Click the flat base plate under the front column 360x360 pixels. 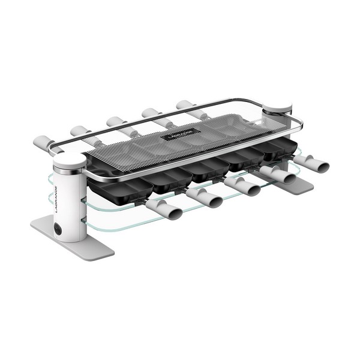pyautogui.click(x=72, y=237)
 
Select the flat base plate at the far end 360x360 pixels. pyautogui.click(x=295, y=184)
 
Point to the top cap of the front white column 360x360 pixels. pyautogui.click(x=70, y=160)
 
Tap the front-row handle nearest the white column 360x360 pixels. pyautogui.click(x=163, y=209)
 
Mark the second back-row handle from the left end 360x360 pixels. pyautogui.click(x=81, y=131)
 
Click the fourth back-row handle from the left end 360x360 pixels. pyautogui.click(x=152, y=113)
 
